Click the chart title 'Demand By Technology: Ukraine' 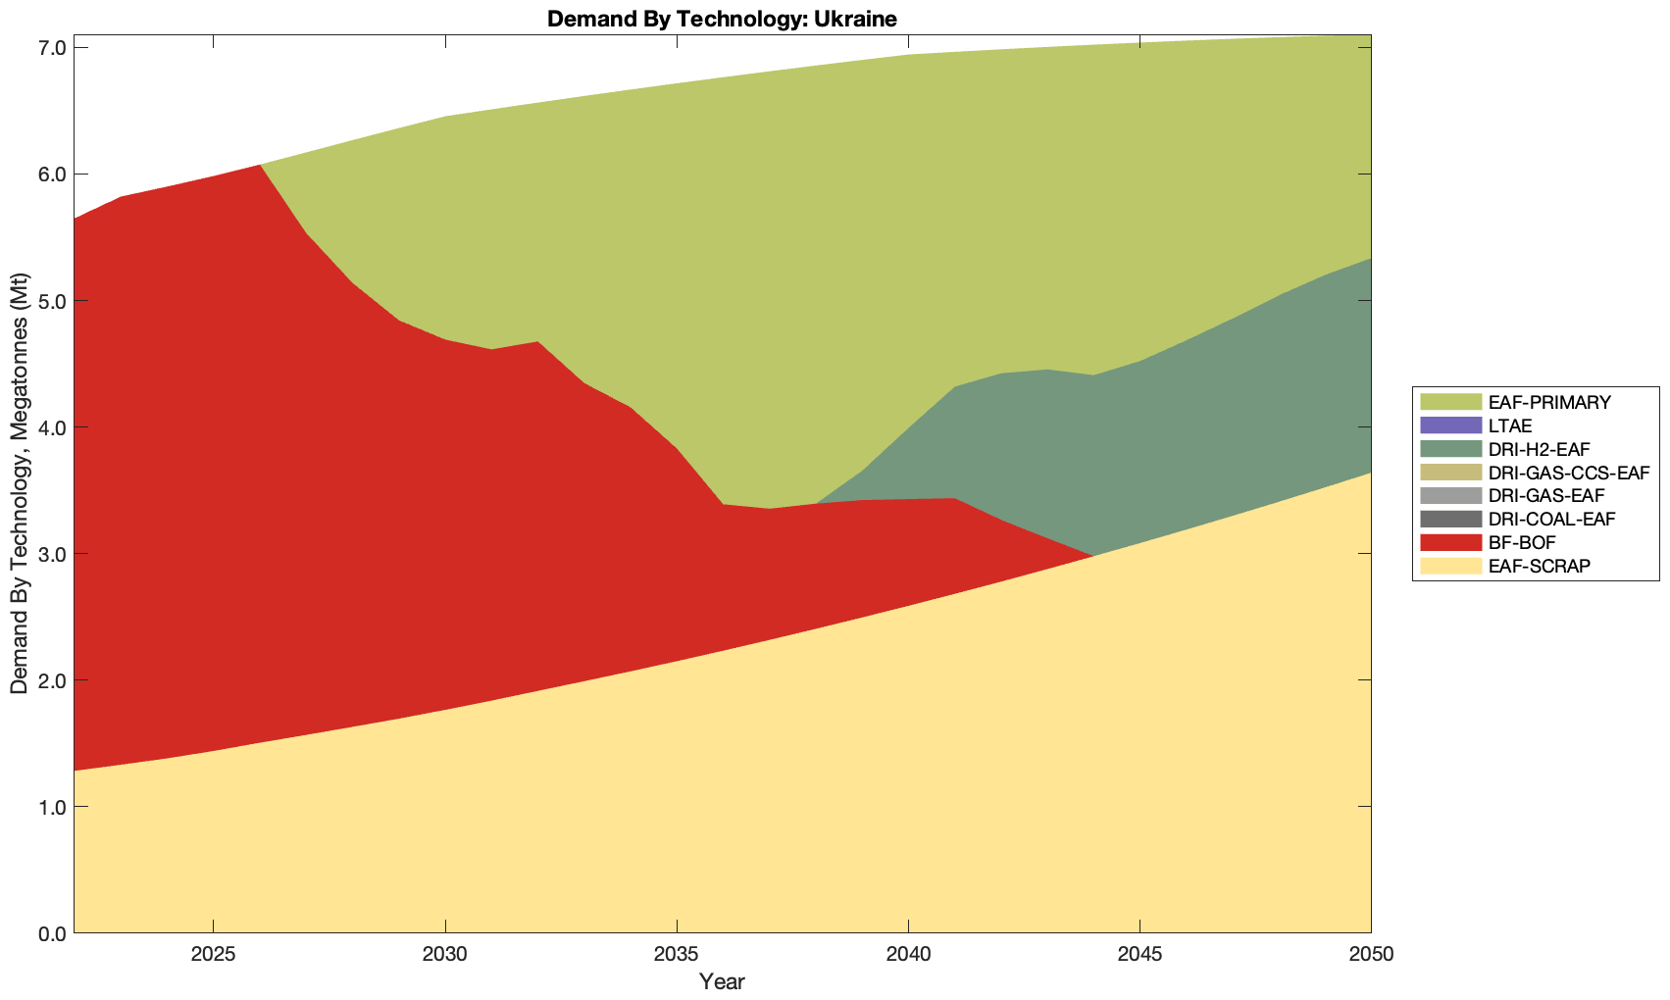click(x=722, y=19)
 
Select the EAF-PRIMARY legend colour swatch click(x=1449, y=402)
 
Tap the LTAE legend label click(x=1509, y=425)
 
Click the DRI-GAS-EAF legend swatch click(x=1449, y=496)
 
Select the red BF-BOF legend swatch click(x=1449, y=543)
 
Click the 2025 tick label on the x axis click(x=213, y=955)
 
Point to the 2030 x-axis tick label click(x=445, y=955)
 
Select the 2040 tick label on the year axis click(x=908, y=955)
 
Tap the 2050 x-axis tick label click(x=1371, y=955)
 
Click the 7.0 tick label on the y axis click(x=51, y=48)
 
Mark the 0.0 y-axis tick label click(x=51, y=933)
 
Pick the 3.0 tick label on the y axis click(x=51, y=554)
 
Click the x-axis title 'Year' click(x=722, y=981)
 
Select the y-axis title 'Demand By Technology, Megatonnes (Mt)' click(x=20, y=483)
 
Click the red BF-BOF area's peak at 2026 click(x=260, y=167)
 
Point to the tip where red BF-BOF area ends click(x=1091, y=556)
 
